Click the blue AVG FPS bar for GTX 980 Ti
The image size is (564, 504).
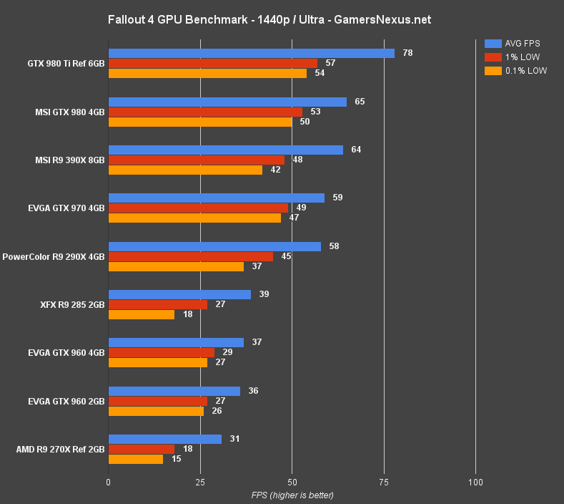[x=251, y=54]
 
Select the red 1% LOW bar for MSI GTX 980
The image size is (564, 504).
[x=205, y=112]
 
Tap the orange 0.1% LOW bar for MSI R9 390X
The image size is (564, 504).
[x=185, y=170]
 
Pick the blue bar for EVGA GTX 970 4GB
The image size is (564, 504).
[x=216, y=198]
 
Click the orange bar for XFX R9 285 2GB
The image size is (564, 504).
[x=141, y=314]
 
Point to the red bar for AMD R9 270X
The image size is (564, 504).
[x=141, y=449]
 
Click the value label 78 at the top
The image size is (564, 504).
[x=407, y=53]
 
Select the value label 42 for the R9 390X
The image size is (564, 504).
[x=274, y=170]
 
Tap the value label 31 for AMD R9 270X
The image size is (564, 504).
[x=234, y=439]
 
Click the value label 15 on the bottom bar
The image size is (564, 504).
[x=176, y=459]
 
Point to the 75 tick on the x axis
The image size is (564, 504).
[x=384, y=482]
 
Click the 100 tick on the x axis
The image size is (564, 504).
[x=476, y=482]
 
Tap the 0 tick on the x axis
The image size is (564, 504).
[x=108, y=482]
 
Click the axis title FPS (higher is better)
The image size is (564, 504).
[x=292, y=495]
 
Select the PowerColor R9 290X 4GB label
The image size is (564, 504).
[x=54, y=256]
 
